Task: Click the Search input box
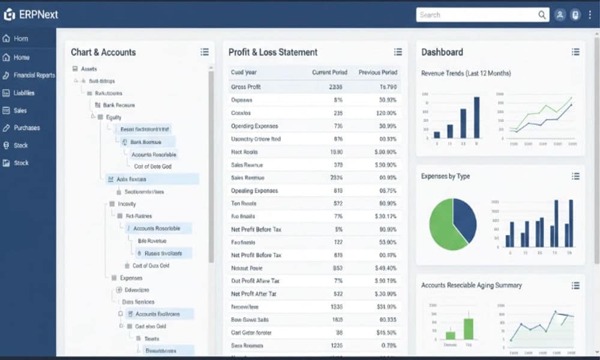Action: coord(477,15)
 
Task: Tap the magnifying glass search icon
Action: coord(542,15)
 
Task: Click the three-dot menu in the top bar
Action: coord(590,15)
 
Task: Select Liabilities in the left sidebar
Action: coord(24,93)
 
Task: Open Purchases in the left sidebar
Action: coord(26,128)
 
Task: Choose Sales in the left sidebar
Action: coord(20,110)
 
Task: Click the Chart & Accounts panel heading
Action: coord(103,52)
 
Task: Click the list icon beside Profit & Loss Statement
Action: coord(398,52)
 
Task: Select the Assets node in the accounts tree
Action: coord(88,69)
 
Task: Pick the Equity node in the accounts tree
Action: coord(113,117)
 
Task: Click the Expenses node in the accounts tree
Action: coord(131,278)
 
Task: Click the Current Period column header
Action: coord(329,72)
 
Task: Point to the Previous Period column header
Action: coord(378,72)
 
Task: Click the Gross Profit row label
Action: coord(245,87)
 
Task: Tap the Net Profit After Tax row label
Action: coord(254,294)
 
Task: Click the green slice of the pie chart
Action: coord(443,225)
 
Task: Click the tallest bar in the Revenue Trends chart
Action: coord(476,118)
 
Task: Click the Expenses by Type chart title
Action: coord(445,176)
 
